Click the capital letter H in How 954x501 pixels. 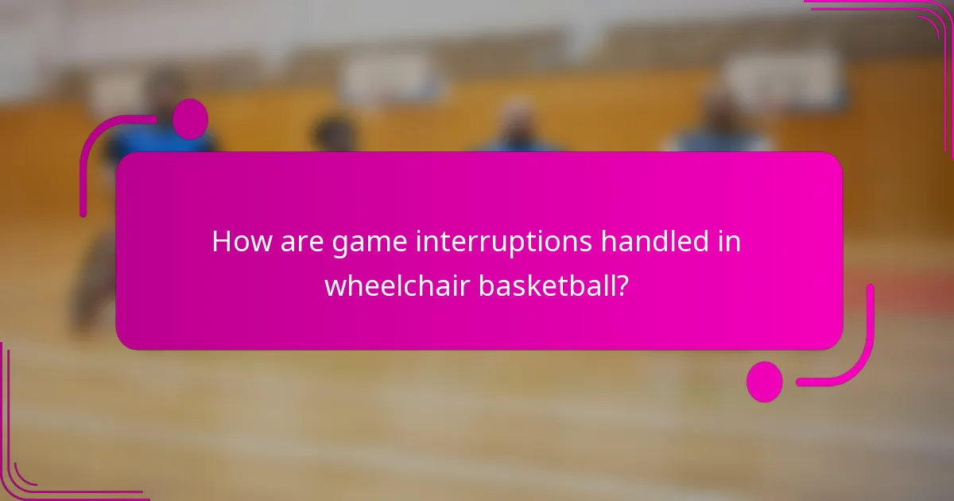point(221,242)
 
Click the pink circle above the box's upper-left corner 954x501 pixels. point(190,119)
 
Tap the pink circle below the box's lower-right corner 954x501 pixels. point(764,382)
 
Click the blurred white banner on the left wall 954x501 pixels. point(390,80)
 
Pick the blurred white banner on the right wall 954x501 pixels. point(783,80)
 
